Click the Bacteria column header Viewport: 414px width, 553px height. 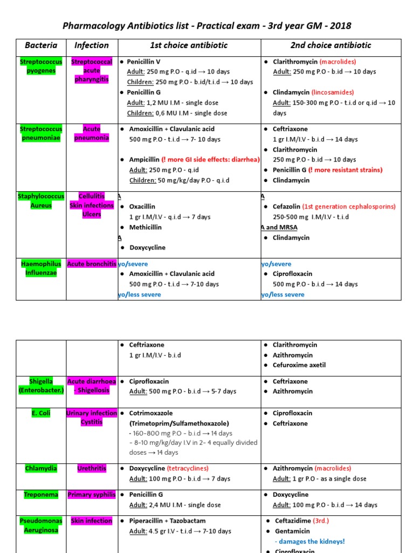41,46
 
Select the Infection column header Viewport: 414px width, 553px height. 92,46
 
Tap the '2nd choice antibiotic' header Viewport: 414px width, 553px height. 330,46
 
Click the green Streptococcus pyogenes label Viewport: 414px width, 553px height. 41,66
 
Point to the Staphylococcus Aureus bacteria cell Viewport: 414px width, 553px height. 41,201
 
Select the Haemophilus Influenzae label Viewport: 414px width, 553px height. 41,268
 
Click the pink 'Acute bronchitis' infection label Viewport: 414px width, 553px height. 92,264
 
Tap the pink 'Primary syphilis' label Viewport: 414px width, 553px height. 92,495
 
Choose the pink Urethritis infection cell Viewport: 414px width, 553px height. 92,469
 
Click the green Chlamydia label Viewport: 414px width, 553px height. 41,469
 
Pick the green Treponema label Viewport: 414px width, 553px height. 41,495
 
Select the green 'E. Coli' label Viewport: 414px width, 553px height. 41,413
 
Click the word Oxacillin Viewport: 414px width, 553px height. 142,207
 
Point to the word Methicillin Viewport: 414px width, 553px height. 145,227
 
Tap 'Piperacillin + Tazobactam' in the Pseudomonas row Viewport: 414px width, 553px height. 167,521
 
